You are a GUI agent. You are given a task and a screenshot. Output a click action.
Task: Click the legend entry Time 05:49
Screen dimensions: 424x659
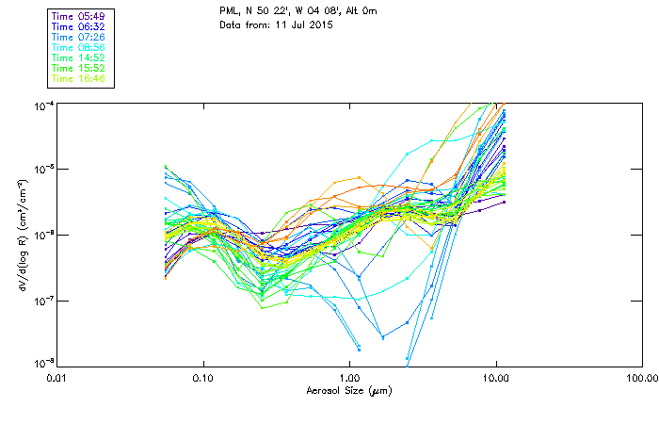tap(79, 17)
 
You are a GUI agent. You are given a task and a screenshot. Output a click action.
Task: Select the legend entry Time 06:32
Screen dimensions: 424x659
tap(79, 27)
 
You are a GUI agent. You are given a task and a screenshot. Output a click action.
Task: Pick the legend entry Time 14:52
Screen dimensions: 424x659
tap(79, 58)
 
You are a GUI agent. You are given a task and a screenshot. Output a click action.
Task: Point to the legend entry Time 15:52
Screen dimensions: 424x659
tap(79, 69)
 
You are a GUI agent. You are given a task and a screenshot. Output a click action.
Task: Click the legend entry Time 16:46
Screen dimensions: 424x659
tap(79, 79)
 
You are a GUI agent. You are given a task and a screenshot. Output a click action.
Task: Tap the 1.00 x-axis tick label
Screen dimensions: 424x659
tap(349, 378)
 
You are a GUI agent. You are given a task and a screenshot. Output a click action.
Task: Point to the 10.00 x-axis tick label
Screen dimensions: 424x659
tap(495, 378)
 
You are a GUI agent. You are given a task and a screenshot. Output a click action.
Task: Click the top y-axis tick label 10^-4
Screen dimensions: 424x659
tap(41, 104)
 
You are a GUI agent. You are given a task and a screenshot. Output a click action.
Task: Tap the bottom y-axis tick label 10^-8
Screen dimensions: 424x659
tap(41, 364)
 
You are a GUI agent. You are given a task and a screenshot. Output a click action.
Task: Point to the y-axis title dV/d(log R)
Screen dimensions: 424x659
tap(18, 233)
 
